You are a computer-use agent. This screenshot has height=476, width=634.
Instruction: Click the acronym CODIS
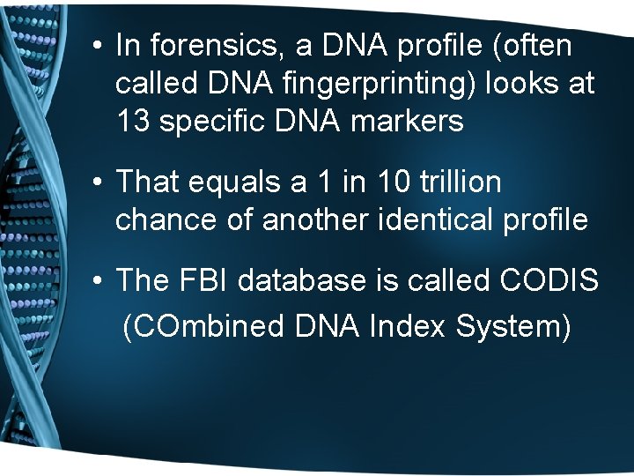[548, 280]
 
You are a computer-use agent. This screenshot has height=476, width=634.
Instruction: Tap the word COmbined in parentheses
[203, 326]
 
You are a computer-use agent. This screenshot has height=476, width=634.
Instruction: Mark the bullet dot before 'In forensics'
[101, 46]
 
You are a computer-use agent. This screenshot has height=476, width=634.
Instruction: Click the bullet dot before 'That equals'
[101, 182]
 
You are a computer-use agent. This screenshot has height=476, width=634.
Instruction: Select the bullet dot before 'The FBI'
[101, 281]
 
